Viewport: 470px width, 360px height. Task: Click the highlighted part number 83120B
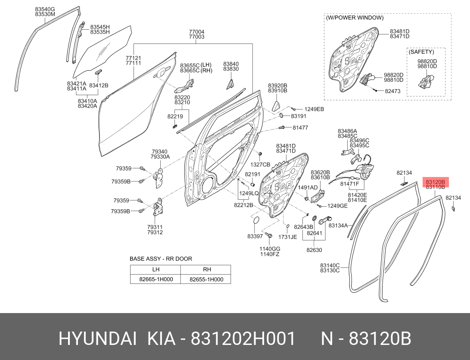pos(435,182)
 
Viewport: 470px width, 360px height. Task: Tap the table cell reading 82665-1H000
pos(156,279)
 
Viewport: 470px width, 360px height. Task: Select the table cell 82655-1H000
pos(206,279)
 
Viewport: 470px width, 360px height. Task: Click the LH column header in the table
pos(156,270)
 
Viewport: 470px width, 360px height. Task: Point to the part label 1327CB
pos(260,164)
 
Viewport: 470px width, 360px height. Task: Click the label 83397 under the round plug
pos(255,236)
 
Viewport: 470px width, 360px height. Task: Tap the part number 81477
pos(300,127)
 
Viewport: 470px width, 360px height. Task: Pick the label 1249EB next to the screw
pos(314,109)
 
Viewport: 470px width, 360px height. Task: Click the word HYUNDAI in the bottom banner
pos(98,339)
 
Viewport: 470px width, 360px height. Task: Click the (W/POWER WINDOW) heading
pos(355,18)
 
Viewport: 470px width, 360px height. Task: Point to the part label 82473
pos(392,91)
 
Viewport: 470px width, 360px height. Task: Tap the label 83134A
pos(338,225)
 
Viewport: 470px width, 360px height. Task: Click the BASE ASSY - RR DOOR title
pos(161,259)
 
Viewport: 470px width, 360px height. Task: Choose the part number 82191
pos(252,174)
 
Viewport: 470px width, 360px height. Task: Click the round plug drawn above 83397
pos(256,221)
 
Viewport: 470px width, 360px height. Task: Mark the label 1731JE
pos(287,237)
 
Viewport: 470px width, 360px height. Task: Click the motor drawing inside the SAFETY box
pos(426,81)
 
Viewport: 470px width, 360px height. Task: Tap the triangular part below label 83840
pos(230,84)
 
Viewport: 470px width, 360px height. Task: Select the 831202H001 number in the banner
pos(243,339)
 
